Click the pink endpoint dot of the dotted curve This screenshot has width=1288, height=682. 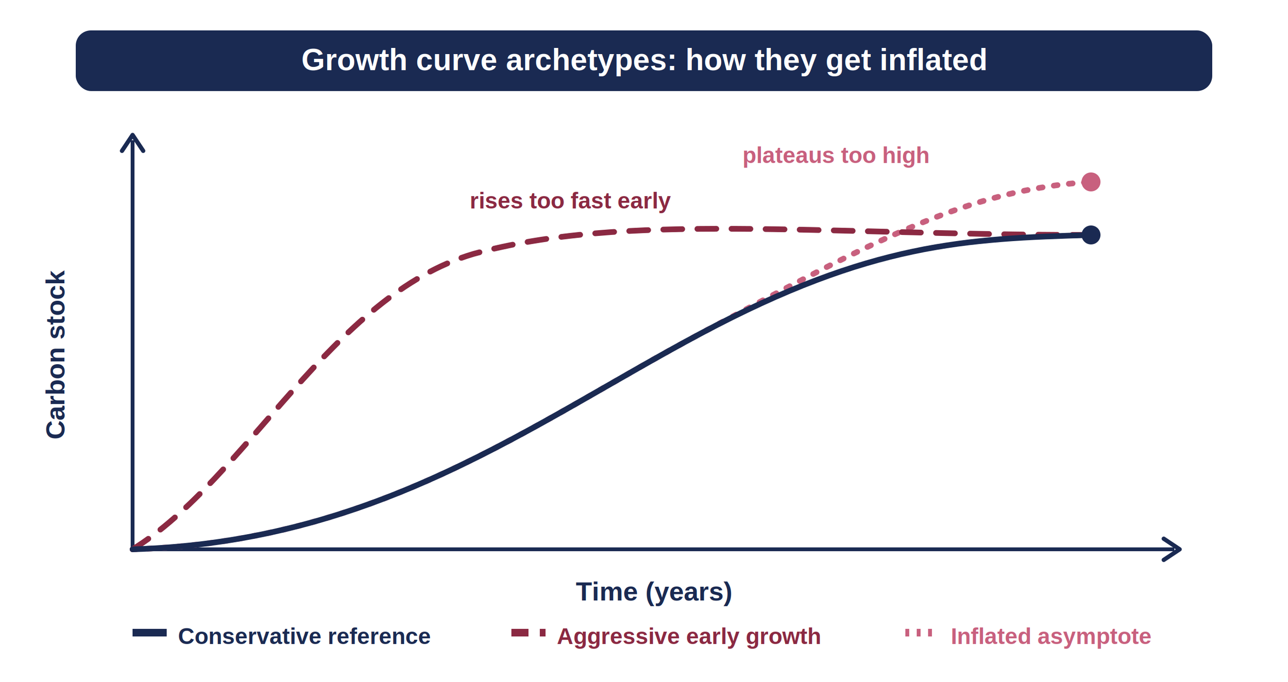click(1091, 182)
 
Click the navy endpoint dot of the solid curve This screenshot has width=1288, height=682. click(1091, 235)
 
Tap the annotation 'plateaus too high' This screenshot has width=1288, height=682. click(836, 156)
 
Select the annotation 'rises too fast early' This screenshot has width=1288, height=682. click(570, 201)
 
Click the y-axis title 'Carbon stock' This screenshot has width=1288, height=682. click(56, 355)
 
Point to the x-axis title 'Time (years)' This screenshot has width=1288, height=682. click(654, 592)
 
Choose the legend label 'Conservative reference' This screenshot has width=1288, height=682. click(304, 637)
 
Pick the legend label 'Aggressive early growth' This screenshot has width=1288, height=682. click(689, 637)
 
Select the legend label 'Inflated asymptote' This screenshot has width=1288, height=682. click(1050, 637)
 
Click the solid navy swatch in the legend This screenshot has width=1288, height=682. click(149, 633)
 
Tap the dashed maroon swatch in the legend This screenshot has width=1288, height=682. click(528, 633)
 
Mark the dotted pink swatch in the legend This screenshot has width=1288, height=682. click(919, 633)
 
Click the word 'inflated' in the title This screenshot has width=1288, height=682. click(933, 60)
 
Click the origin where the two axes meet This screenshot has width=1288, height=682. click(132, 549)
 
